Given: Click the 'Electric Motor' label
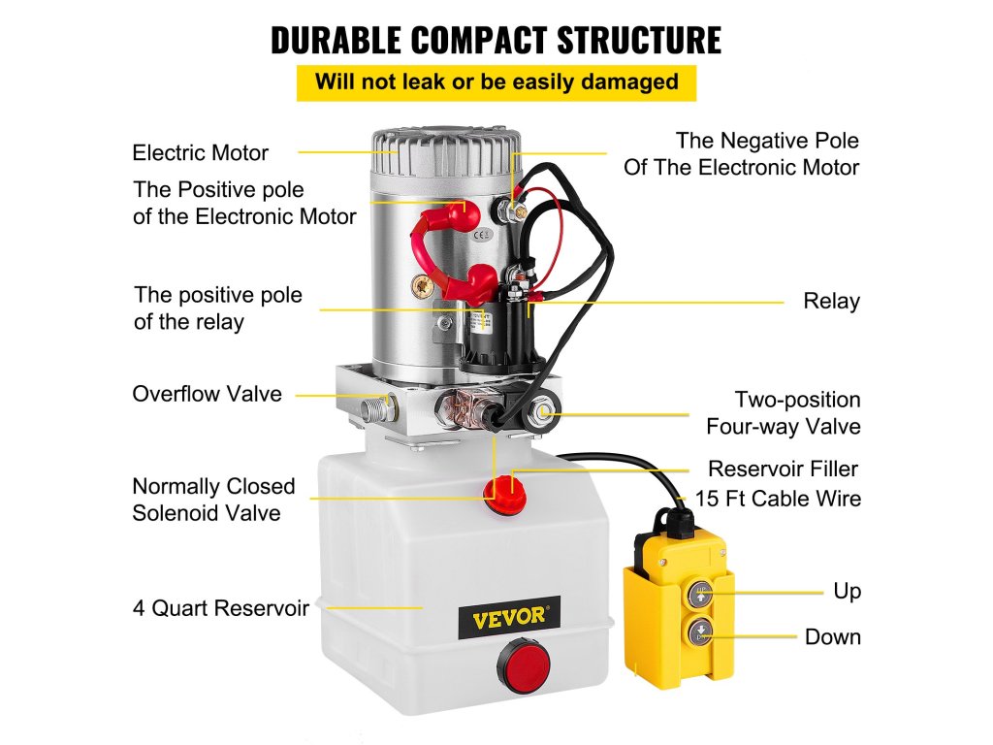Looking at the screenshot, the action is pos(200,152).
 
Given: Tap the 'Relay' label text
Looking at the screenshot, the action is pos(831,302).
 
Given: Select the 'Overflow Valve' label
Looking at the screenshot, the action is pos(207,394).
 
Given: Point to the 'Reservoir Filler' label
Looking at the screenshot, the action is pos(783,470).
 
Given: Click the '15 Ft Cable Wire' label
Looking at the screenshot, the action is pos(778,500).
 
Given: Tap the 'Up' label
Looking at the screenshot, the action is pos(847,591).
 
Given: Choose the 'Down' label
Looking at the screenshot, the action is pos(832,637).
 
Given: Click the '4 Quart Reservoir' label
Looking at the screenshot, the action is pos(221,609).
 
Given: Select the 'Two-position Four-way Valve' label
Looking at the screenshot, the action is pos(797,412).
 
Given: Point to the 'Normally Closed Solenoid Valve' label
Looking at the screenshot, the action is pos(213,500).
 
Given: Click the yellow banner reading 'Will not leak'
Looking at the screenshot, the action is pos(496,81).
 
